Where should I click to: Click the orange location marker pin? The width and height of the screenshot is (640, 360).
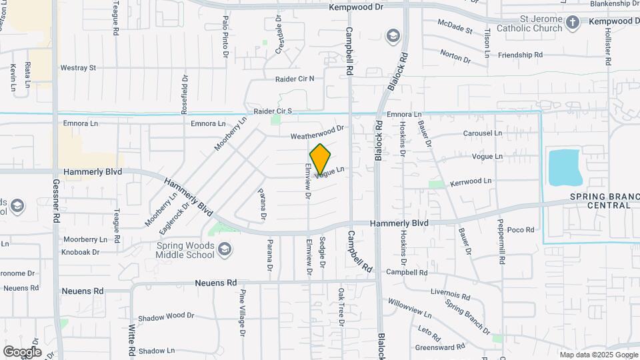pos(320,159)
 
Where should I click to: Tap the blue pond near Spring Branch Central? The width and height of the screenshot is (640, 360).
pos(565,168)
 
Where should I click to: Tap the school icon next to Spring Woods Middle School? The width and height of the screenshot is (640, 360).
pos(225,250)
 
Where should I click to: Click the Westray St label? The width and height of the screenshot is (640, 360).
pos(79,68)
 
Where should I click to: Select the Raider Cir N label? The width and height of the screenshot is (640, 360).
pos(294,79)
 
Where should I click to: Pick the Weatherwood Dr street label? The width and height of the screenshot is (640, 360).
pos(317,133)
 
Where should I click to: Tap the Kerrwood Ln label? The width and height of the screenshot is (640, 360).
pos(471,181)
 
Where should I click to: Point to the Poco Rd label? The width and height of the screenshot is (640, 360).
pos(521,230)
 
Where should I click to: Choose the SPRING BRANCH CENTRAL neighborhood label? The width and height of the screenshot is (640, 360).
pos(600,201)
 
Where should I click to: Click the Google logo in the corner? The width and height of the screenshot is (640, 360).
pos(22,351)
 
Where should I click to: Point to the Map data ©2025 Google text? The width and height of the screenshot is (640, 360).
pos(599,355)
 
